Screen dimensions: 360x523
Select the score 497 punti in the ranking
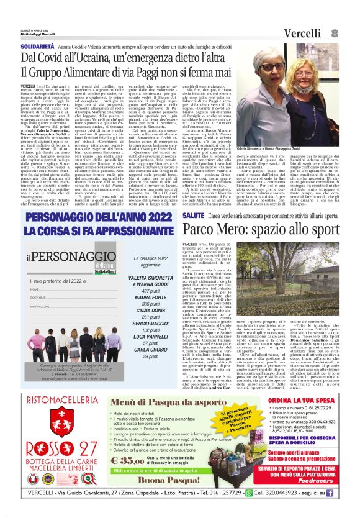click(151, 290)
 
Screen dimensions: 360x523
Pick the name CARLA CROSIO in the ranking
click(151, 351)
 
